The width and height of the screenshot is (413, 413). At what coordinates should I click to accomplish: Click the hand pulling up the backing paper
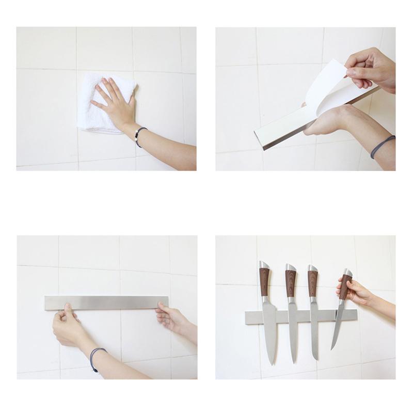pyautogui.click(x=369, y=67)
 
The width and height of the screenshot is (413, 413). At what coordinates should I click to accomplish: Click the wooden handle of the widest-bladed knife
pyautogui.click(x=264, y=281)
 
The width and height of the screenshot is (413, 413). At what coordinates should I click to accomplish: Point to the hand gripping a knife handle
pyautogui.click(x=356, y=292)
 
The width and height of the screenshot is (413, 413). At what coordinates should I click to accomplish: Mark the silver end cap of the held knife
pyautogui.click(x=348, y=272)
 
